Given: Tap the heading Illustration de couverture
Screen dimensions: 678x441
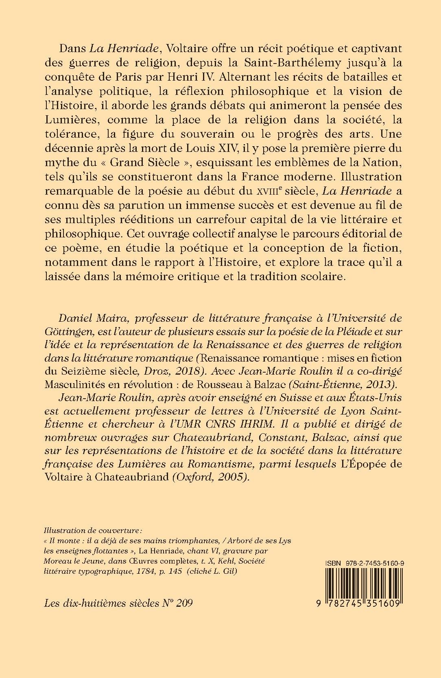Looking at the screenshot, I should [94, 531].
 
